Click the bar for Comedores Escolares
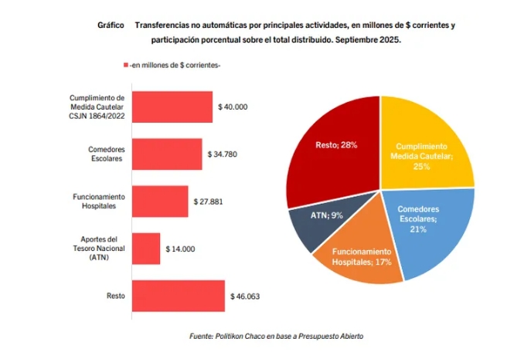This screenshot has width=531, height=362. pos(167,154)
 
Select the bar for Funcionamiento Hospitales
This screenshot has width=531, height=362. pos(160,201)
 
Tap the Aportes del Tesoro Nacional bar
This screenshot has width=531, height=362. pos(146,249)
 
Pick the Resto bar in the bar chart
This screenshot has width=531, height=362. pos(179,296)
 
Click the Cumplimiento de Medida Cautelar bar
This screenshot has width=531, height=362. pos(172,107)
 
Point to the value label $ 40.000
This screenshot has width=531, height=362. pos(233,107)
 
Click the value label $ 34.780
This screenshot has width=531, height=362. pos(223,154)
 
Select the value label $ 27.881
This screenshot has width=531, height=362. pos(209,201)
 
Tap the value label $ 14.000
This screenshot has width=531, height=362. pos(181,249)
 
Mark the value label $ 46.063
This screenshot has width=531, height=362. pos(245,296)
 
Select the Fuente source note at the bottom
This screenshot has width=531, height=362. pos(276,337)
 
